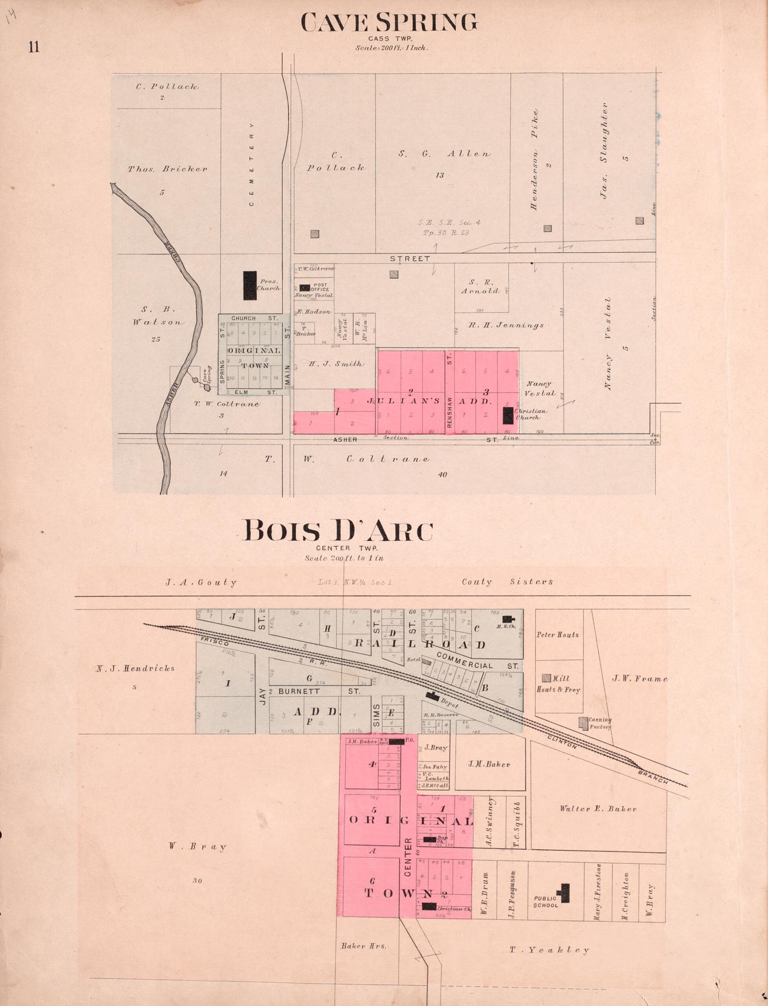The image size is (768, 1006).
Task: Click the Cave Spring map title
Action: click(x=389, y=22)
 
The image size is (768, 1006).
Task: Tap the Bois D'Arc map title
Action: click(x=338, y=532)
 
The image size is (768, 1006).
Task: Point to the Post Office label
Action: click(x=320, y=287)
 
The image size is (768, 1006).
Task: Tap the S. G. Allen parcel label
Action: click(x=444, y=154)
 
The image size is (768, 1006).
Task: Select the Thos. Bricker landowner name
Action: click(x=167, y=169)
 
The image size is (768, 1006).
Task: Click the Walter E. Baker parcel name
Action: click(x=598, y=809)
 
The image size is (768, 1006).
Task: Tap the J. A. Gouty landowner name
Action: click(x=201, y=583)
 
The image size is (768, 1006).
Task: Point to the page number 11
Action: click(x=34, y=47)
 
